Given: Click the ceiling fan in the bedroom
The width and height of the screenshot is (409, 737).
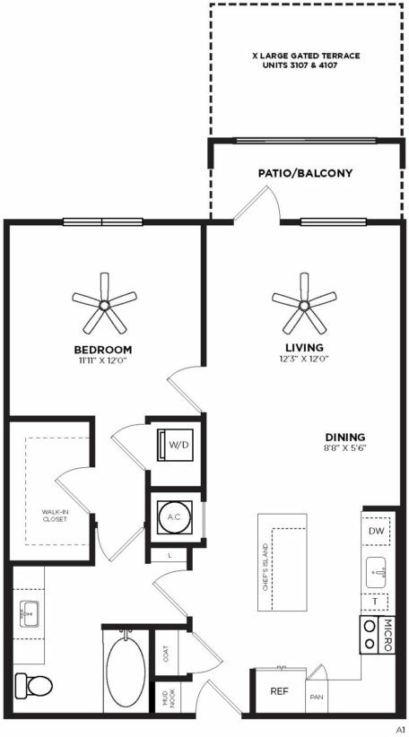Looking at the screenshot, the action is coord(104,305).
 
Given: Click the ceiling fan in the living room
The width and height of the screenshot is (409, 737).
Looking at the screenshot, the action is coord(304,305).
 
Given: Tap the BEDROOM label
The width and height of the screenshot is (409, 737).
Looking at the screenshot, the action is coord(103,350).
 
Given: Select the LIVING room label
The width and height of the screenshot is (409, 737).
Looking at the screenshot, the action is coord(304,348).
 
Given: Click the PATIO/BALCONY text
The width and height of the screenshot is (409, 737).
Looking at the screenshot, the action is coord(305,173).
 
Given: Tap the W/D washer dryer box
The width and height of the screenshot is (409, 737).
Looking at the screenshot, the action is coord(176,445).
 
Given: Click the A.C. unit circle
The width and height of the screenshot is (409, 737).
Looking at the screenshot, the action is coord(174,516).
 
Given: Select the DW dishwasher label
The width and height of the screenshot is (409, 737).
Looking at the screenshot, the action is coord(376,531).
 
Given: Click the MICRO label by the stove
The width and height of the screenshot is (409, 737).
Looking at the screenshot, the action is coord(387,635).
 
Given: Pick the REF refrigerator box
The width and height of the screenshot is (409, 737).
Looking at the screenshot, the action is coord(279,691).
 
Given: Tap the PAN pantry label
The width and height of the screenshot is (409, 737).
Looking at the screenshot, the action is coord(318,698).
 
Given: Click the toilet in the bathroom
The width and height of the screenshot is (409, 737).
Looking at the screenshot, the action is coord(34,685).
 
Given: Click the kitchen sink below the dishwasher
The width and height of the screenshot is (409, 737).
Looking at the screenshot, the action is coord(376,572).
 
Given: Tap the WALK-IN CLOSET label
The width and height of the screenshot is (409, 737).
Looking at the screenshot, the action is coord(55,516).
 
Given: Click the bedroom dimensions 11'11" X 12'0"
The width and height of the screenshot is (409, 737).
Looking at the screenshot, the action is coord(103,360).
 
